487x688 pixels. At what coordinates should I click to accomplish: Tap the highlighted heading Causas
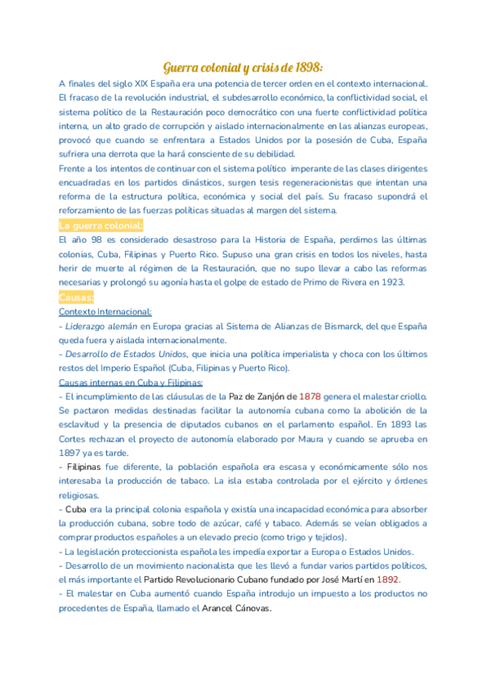[76, 297]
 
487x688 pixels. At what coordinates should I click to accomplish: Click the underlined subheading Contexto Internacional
[105, 312]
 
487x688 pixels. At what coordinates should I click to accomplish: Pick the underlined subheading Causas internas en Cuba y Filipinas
[131, 382]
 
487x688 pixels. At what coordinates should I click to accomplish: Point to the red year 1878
[310, 397]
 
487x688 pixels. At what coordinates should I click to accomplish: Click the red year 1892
[388, 580]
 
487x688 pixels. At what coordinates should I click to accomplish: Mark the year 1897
[72, 453]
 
